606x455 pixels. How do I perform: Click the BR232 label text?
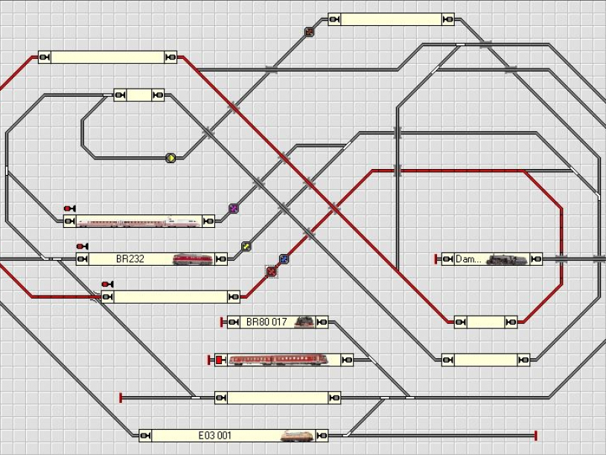tap(130, 259)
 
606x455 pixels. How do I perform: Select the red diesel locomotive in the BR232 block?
tap(192, 259)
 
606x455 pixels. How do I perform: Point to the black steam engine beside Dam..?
tap(507, 259)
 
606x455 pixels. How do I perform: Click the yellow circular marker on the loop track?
tap(170, 158)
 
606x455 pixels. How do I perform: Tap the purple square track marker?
tap(233, 209)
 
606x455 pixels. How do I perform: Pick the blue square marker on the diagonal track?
tap(284, 259)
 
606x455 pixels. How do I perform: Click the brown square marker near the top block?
tap(309, 32)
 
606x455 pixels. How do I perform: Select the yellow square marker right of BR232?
tap(246, 246)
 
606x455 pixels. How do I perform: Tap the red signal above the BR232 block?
tap(81, 246)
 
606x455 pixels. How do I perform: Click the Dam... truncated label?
tap(468, 259)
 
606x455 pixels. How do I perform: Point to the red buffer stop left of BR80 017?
tap(222, 322)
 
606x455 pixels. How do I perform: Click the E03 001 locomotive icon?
tap(297, 435)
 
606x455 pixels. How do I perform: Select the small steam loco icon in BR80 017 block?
tap(304, 322)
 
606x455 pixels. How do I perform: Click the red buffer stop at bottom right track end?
tap(536, 435)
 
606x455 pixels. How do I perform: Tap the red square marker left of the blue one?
tap(271, 272)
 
